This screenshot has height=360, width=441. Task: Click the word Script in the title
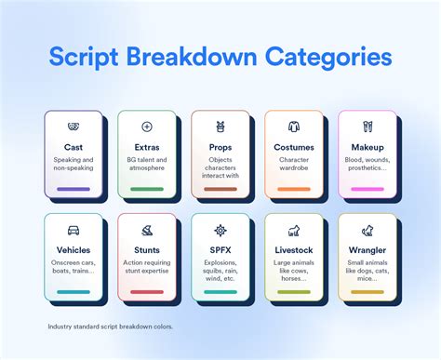pyautogui.click(x=91, y=58)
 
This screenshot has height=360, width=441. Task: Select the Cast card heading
pyautogui.click(x=73, y=147)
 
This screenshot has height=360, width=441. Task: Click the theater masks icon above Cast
pyautogui.click(x=73, y=127)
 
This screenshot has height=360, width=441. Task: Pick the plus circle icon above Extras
pyautogui.click(x=147, y=127)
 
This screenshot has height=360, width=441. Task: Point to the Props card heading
pyautogui.click(x=220, y=147)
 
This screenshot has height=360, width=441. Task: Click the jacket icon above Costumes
pyautogui.click(x=293, y=127)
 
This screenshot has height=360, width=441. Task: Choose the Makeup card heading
pyautogui.click(x=367, y=147)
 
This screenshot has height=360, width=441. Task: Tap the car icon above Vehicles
pyautogui.click(x=73, y=230)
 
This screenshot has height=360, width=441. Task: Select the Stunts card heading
pyautogui.click(x=147, y=250)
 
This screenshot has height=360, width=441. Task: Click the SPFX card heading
pyautogui.click(x=220, y=250)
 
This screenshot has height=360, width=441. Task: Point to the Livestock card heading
pyautogui.click(x=293, y=250)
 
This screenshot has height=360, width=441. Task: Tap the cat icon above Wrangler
pyautogui.click(x=367, y=230)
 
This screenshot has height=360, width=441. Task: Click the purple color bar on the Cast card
pyautogui.click(x=73, y=189)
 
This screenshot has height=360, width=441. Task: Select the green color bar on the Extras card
pyautogui.click(x=147, y=189)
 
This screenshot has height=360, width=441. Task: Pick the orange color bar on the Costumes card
pyautogui.click(x=293, y=189)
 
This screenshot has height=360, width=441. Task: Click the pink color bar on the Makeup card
pyautogui.click(x=367, y=189)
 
